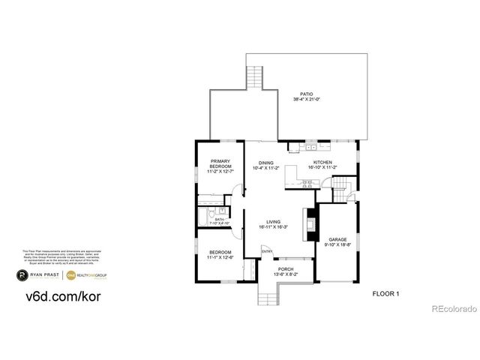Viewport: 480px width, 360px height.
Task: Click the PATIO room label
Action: pyautogui.click(x=307, y=94)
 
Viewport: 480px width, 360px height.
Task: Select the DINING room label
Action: pyautogui.click(x=266, y=163)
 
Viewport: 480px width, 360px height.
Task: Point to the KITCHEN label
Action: pyautogui.click(x=322, y=163)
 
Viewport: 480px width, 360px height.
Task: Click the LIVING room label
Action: pyautogui.click(x=274, y=222)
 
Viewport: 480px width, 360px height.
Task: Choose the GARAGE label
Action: pyautogui.click(x=337, y=239)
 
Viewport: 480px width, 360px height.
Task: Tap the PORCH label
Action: pyautogui.click(x=286, y=268)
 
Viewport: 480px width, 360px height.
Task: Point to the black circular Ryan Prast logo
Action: pyautogui.click(x=23, y=276)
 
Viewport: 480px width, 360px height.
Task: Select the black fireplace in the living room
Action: pyautogui.click(x=309, y=223)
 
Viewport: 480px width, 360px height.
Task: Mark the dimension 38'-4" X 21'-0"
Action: pyautogui.click(x=307, y=100)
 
